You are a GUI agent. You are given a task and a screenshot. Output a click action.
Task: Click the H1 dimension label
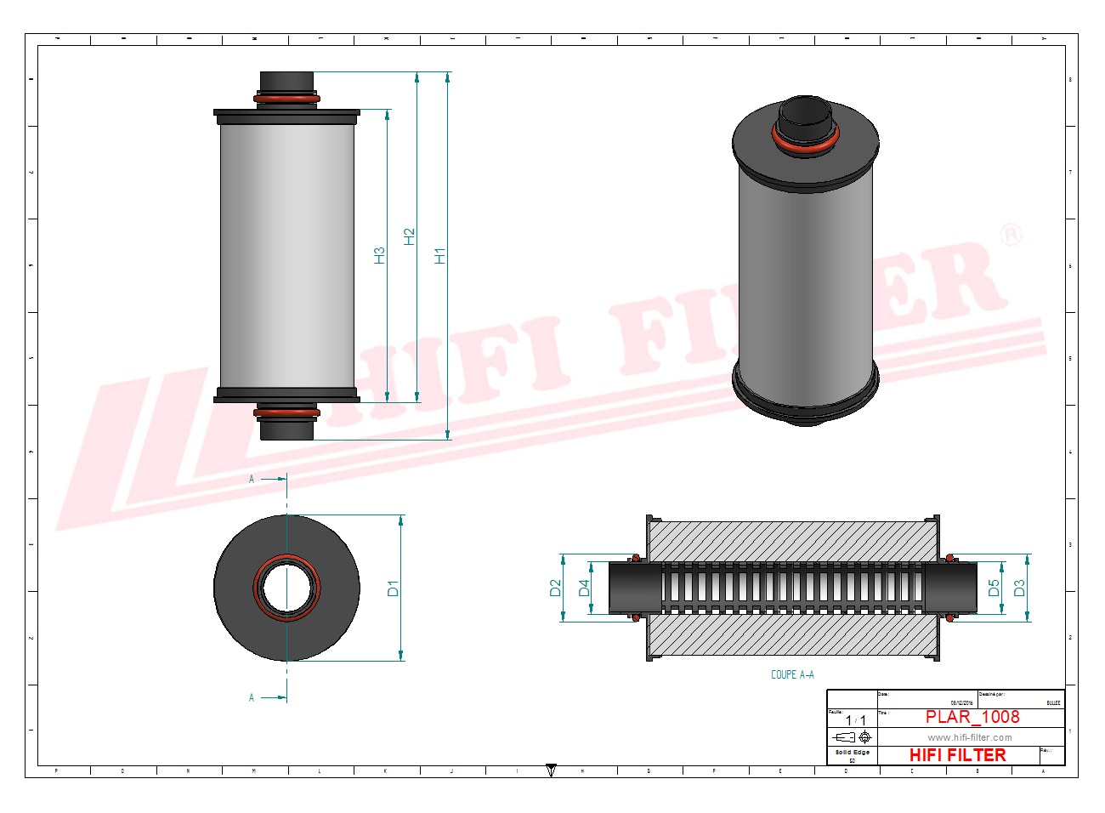[439, 255]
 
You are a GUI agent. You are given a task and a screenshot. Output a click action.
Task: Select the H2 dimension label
[409, 236]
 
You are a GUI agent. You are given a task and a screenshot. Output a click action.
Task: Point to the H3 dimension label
[379, 255]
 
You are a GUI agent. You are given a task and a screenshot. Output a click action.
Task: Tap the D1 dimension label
[393, 588]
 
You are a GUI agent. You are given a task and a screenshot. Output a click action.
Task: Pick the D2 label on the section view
[555, 588]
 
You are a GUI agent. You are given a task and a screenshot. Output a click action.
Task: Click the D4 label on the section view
[584, 588]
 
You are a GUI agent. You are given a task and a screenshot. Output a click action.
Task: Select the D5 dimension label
[994, 588]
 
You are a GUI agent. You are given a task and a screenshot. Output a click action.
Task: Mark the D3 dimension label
[1019, 588]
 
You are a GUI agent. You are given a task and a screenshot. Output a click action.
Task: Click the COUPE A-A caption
[792, 674]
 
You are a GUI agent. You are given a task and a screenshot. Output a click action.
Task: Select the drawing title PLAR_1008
[972, 717]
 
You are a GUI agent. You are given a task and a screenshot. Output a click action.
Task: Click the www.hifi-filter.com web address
[969, 737]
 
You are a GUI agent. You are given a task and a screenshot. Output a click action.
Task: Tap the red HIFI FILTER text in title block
[957, 755]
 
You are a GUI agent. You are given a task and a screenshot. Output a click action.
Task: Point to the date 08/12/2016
[961, 702]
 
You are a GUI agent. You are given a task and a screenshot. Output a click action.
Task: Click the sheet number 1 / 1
[855, 720]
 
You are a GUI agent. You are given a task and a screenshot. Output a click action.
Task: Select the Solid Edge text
[852, 753]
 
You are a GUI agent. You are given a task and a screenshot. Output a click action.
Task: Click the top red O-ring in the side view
[287, 99]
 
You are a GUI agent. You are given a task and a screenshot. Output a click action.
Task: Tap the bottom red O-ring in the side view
[287, 413]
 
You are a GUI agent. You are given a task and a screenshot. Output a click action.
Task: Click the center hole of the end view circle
[287, 588]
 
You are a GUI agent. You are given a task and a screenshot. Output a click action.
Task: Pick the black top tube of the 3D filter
[805, 117]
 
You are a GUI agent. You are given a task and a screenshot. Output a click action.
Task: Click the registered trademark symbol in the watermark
[1010, 234]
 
